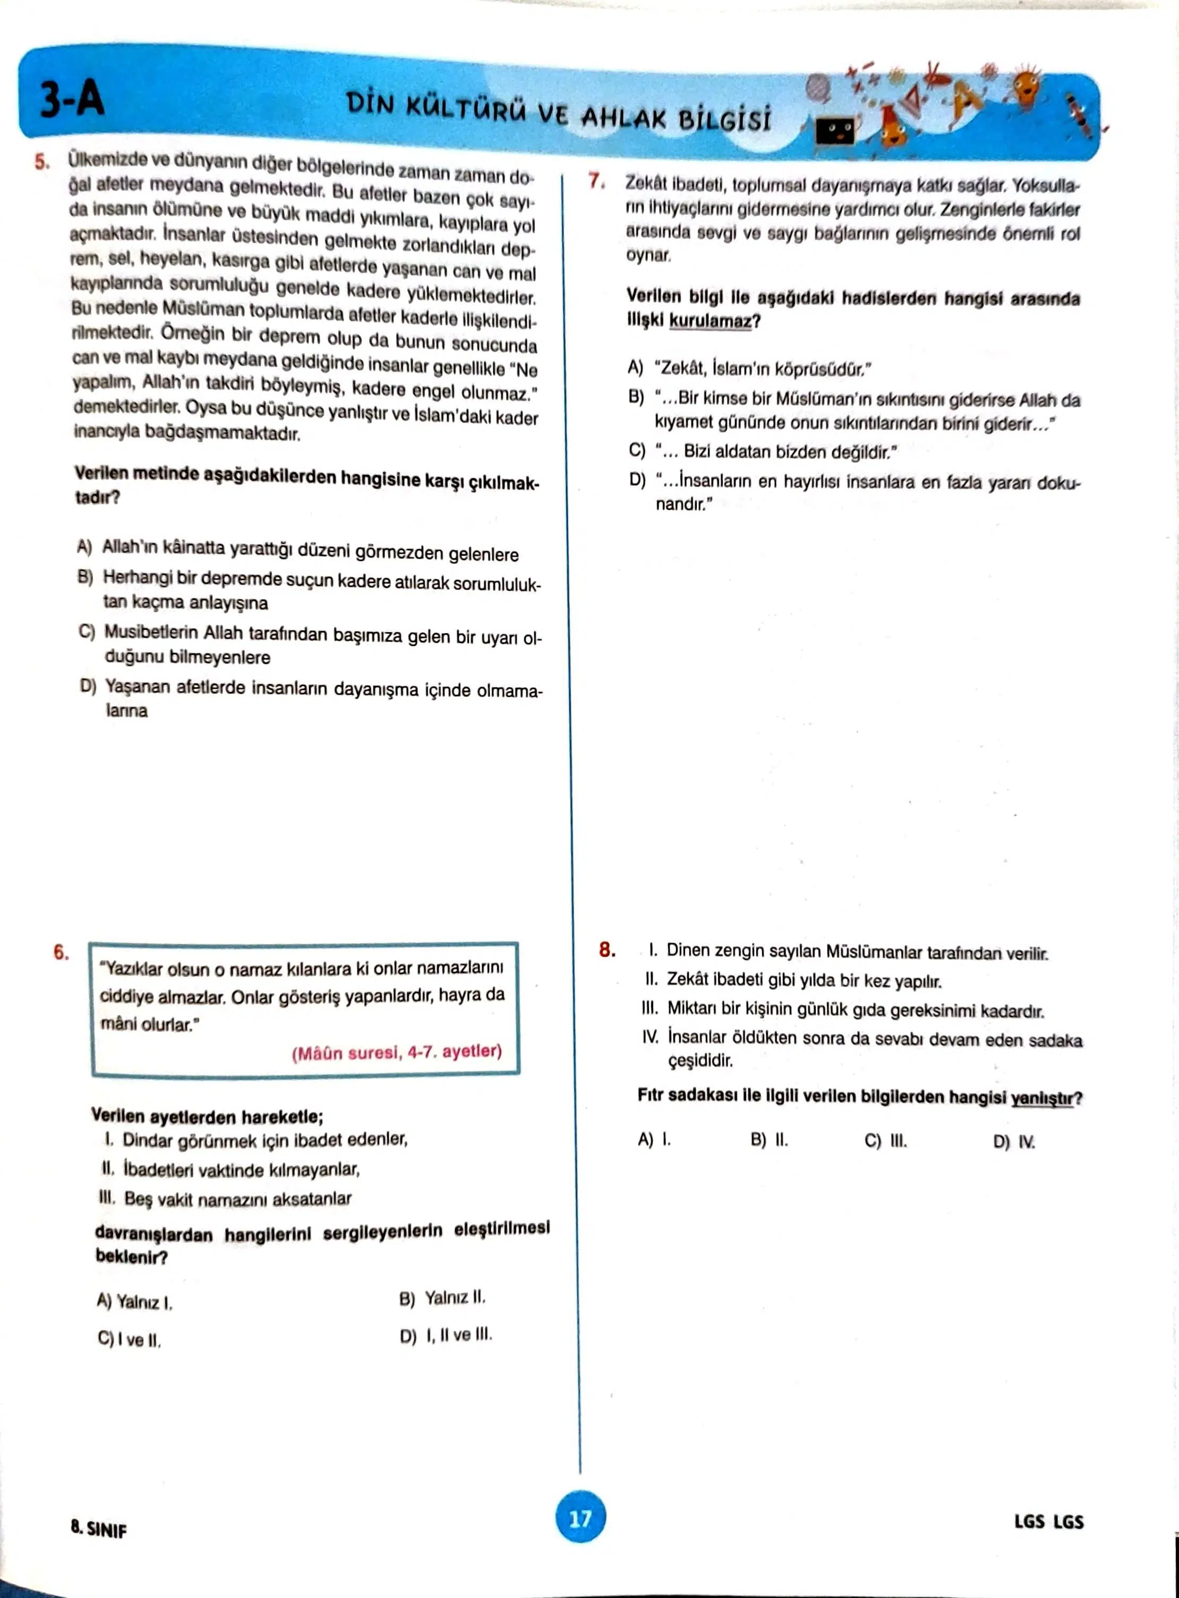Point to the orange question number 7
pyautogui.click(x=596, y=181)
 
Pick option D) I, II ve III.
pyautogui.click(x=446, y=1335)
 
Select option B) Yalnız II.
pyautogui.click(x=442, y=1298)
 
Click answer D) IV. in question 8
pyautogui.click(x=1014, y=1142)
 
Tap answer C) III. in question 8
pyautogui.click(x=886, y=1141)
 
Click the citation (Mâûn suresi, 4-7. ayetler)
pyautogui.click(x=397, y=1052)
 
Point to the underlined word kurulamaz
pyautogui.click(x=710, y=321)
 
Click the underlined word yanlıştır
pyautogui.click(x=1042, y=1098)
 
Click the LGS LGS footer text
pyautogui.click(x=1048, y=1521)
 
